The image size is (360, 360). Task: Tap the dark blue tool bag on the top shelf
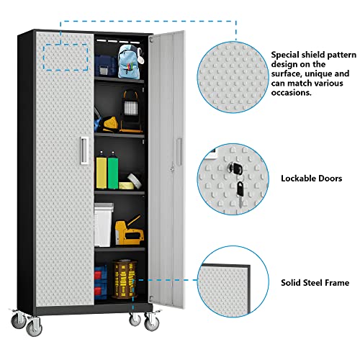[x=106, y=63]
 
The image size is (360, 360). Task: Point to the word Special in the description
[x=285, y=53]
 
